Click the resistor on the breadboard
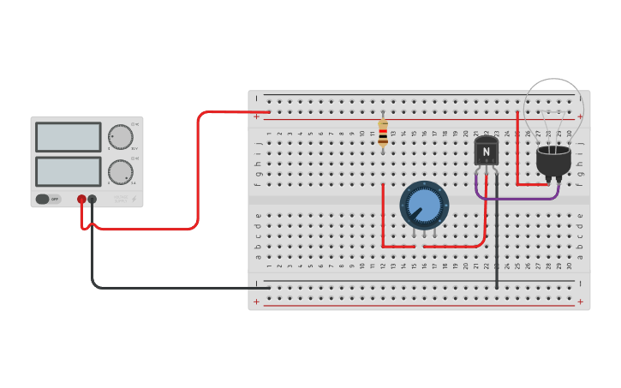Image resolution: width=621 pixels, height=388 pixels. tap(382, 133)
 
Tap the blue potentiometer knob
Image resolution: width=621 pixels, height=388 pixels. tap(424, 205)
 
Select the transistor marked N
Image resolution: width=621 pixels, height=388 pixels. tap(486, 152)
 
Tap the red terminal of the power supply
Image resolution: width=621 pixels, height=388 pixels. tap(81, 199)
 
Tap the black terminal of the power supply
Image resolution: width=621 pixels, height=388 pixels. tap(93, 199)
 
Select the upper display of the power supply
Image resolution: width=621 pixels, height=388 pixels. tap(69, 137)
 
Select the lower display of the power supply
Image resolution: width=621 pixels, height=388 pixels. tap(69, 171)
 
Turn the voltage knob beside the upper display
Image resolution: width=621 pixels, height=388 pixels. tap(120, 137)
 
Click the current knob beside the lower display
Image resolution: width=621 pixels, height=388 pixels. tap(120, 172)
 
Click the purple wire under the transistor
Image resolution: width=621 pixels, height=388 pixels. tap(518, 198)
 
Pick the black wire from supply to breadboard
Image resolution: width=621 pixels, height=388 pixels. tap(171, 287)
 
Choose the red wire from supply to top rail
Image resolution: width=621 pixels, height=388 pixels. tap(198, 171)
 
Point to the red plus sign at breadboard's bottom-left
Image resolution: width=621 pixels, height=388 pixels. tap(256, 301)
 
